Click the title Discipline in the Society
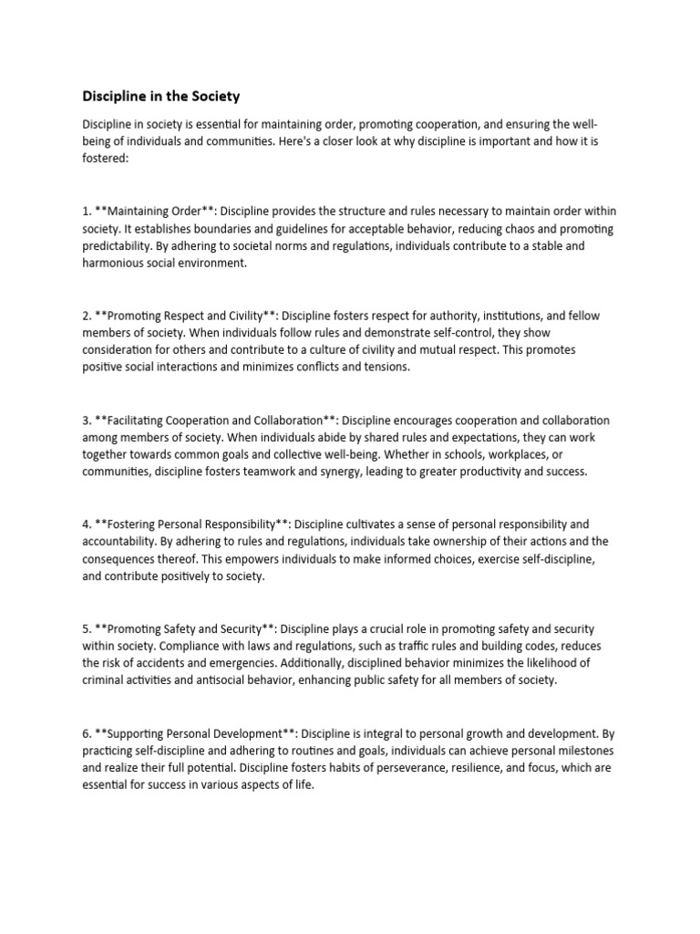click(x=161, y=95)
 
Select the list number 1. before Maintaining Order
click(x=87, y=211)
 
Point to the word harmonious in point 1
click(x=118, y=263)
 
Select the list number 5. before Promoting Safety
click(x=87, y=629)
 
